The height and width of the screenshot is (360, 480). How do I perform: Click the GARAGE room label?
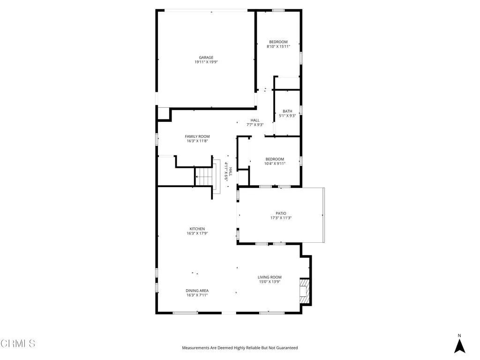pos(206,58)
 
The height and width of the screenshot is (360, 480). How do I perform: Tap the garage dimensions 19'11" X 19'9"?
pos(206,62)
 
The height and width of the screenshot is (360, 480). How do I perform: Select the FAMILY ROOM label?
pos(197,136)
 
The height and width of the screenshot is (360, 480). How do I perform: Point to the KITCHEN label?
pos(197,229)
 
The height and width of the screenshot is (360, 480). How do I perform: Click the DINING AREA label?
pos(197,291)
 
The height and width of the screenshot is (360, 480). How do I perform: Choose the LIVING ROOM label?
pos(270,277)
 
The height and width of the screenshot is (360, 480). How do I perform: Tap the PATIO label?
pos(281,213)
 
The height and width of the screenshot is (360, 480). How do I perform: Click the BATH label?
pos(287,111)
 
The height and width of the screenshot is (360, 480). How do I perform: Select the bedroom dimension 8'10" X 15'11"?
pos(278,46)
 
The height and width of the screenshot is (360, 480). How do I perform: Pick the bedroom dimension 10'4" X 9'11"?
pos(275,164)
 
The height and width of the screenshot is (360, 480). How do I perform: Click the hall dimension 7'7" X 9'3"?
pos(255,125)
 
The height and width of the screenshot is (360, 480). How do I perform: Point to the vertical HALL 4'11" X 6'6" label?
pos(228,171)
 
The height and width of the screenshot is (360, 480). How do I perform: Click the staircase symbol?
pos(204,177)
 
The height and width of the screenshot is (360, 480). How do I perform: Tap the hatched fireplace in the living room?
pos(305,291)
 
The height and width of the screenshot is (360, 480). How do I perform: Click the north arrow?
pos(460,346)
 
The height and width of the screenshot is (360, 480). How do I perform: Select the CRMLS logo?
pos(18,344)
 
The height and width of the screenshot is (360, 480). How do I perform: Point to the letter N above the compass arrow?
pos(460,335)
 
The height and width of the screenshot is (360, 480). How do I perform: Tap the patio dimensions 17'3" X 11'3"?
pos(281,218)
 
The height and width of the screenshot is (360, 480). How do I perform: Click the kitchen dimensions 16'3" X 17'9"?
pos(197,233)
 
